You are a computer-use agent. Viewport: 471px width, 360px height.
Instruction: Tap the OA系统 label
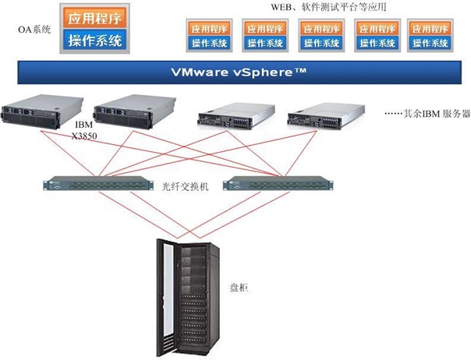tap(34, 30)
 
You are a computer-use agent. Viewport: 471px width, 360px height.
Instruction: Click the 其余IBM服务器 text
tap(427, 114)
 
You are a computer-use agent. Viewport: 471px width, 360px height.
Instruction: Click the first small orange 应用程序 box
tap(205, 27)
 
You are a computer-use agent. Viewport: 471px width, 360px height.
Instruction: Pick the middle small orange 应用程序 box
tap(317, 27)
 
